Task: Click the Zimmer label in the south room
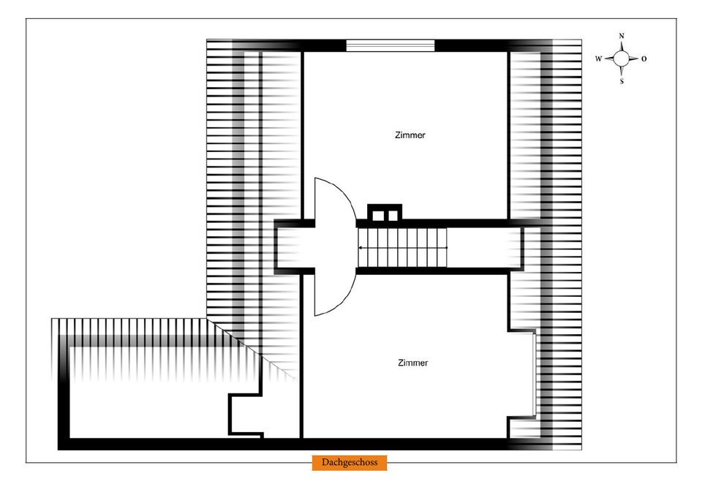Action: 413,363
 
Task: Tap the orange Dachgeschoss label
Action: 349,463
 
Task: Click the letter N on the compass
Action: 622,35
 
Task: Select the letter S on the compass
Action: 622,82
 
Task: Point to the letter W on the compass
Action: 598,59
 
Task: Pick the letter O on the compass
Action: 644,59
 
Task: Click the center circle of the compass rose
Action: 622,58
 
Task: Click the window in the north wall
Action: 390,45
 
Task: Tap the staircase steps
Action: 402,248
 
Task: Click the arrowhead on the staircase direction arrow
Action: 360,249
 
